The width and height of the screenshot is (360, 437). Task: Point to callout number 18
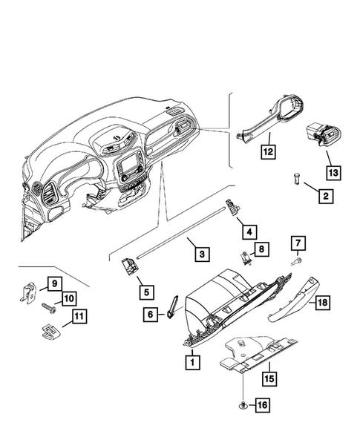321,303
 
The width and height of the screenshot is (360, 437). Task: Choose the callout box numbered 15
267,377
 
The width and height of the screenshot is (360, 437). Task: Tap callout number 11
78,319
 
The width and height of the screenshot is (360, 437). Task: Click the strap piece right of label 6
173,306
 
